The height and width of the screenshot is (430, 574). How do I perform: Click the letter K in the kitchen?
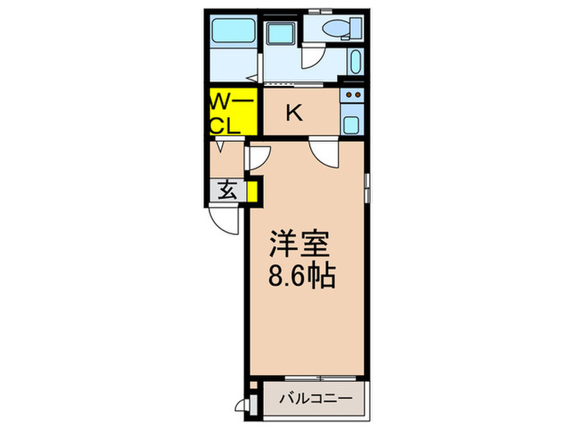294,113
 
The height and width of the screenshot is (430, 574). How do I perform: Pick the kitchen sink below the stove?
352,124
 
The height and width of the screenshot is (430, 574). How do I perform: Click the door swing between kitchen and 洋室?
323,152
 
